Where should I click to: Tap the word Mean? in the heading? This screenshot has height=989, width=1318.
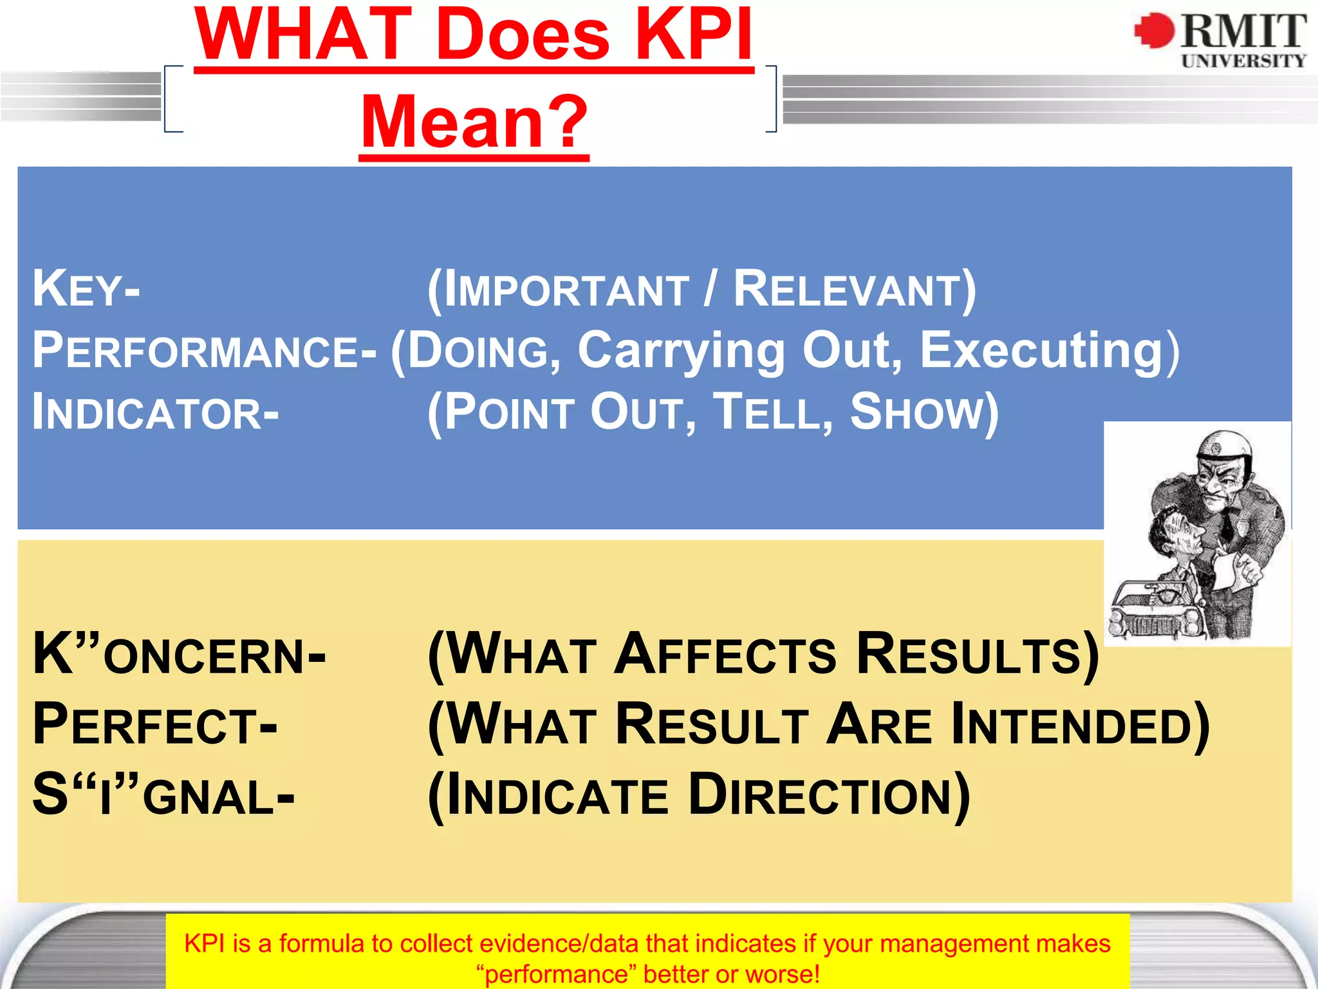474,122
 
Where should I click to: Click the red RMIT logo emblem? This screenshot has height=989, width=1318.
1155,30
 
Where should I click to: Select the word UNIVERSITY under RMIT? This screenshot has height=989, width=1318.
1243,61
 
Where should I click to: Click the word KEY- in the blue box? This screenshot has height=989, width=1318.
86,290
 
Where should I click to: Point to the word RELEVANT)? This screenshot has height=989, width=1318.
855,290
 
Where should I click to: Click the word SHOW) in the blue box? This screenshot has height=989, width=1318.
924,413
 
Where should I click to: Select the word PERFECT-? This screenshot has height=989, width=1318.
155,726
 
